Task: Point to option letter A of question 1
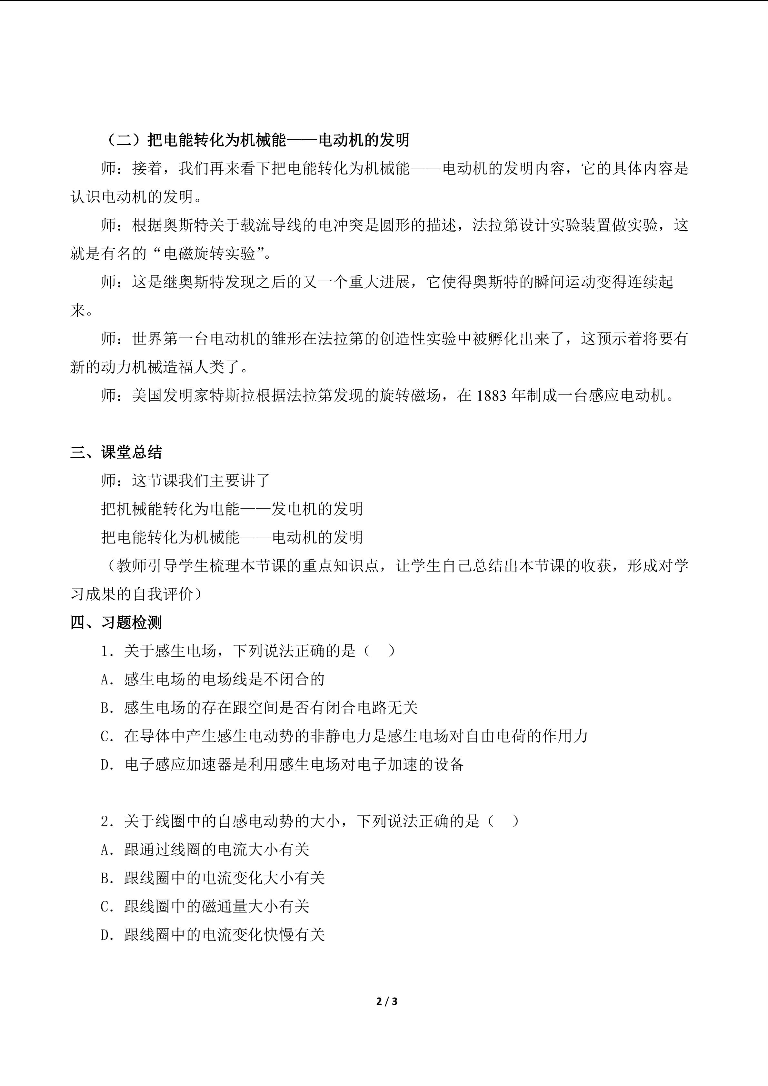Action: (105, 680)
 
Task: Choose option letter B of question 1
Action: (105, 708)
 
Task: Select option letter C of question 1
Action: (105, 736)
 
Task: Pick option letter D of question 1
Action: (105, 765)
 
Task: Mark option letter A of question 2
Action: (105, 850)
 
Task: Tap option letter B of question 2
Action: (105, 878)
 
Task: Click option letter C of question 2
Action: (105, 907)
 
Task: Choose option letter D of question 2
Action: (105, 935)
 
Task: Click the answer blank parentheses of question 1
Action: (380, 651)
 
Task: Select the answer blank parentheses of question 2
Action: (504, 821)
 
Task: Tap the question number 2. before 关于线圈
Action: (107, 822)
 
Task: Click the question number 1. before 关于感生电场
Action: (107, 651)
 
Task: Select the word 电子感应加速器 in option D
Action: (178, 765)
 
